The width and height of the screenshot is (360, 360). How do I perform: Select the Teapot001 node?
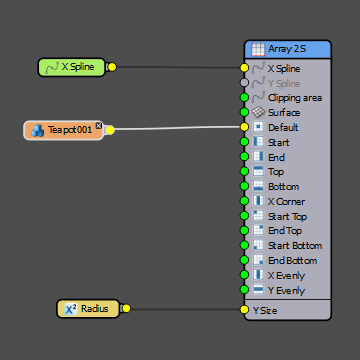62,130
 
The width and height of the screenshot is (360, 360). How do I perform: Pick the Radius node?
88,309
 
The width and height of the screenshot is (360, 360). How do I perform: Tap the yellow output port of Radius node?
126,309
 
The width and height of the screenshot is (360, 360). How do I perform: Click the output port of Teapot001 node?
110,130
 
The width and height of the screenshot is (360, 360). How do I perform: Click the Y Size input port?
244,310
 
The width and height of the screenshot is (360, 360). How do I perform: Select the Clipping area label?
294,98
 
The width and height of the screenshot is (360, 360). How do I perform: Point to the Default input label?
282,128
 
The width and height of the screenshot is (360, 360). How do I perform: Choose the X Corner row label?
287,201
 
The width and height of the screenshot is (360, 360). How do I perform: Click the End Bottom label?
292,260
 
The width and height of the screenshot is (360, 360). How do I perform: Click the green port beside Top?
244,172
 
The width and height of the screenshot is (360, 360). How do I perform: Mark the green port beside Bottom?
244,187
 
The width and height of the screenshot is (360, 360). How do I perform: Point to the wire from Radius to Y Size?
185,309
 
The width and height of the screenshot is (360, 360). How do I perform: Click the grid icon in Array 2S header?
257,48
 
